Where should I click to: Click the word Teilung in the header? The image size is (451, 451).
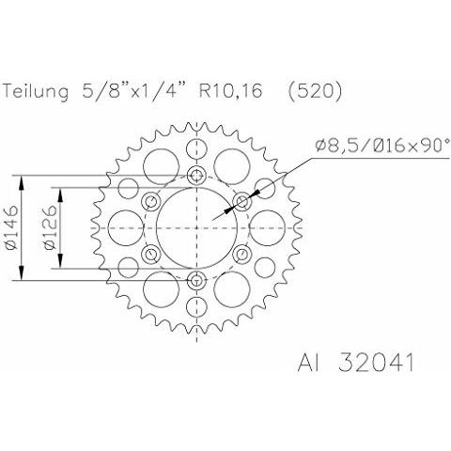(x=36, y=91)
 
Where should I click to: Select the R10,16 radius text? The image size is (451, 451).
(x=230, y=91)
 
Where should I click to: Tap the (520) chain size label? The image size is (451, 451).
(x=315, y=91)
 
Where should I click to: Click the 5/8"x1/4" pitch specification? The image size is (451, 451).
(x=133, y=91)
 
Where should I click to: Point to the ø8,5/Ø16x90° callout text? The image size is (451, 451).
(x=382, y=146)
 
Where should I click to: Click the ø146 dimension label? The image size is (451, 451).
(x=11, y=227)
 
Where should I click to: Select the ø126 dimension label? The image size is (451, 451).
(x=51, y=227)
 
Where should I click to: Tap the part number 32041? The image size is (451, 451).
(x=376, y=363)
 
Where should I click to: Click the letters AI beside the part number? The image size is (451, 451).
(x=308, y=363)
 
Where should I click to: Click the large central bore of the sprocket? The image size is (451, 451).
(x=196, y=228)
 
